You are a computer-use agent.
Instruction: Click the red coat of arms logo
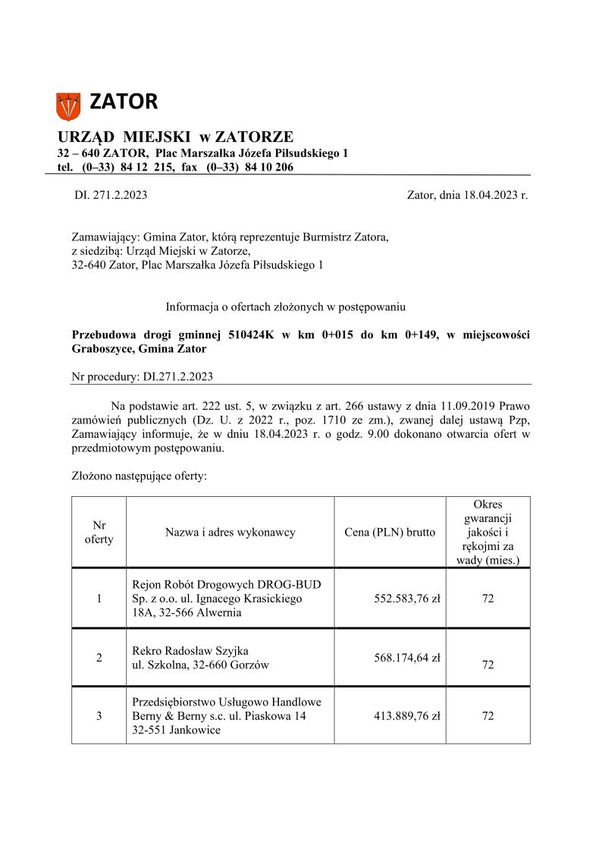(x=68, y=105)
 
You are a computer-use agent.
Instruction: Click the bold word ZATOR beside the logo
(x=124, y=102)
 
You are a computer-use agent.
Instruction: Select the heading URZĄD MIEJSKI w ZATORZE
(x=175, y=137)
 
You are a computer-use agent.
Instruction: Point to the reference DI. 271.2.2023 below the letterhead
(x=111, y=195)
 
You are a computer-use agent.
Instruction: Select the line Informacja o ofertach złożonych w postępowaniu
(x=286, y=307)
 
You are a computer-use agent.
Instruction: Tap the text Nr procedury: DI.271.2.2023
(x=143, y=376)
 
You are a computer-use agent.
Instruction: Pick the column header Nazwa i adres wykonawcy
(x=230, y=533)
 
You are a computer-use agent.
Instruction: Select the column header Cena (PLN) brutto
(x=389, y=533)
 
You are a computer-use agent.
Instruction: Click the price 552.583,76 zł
(x=407, y=599)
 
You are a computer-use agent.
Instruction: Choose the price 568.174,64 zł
(x=407, y=658)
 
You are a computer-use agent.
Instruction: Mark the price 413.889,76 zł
(x=407, y=715)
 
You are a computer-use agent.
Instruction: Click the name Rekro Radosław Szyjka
(x=190, y=651)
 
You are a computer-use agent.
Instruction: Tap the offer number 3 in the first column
(x=99, y=715)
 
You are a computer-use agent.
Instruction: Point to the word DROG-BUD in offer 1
(x=289, y=585)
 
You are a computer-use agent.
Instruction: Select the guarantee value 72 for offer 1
(x=488, y=599)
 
